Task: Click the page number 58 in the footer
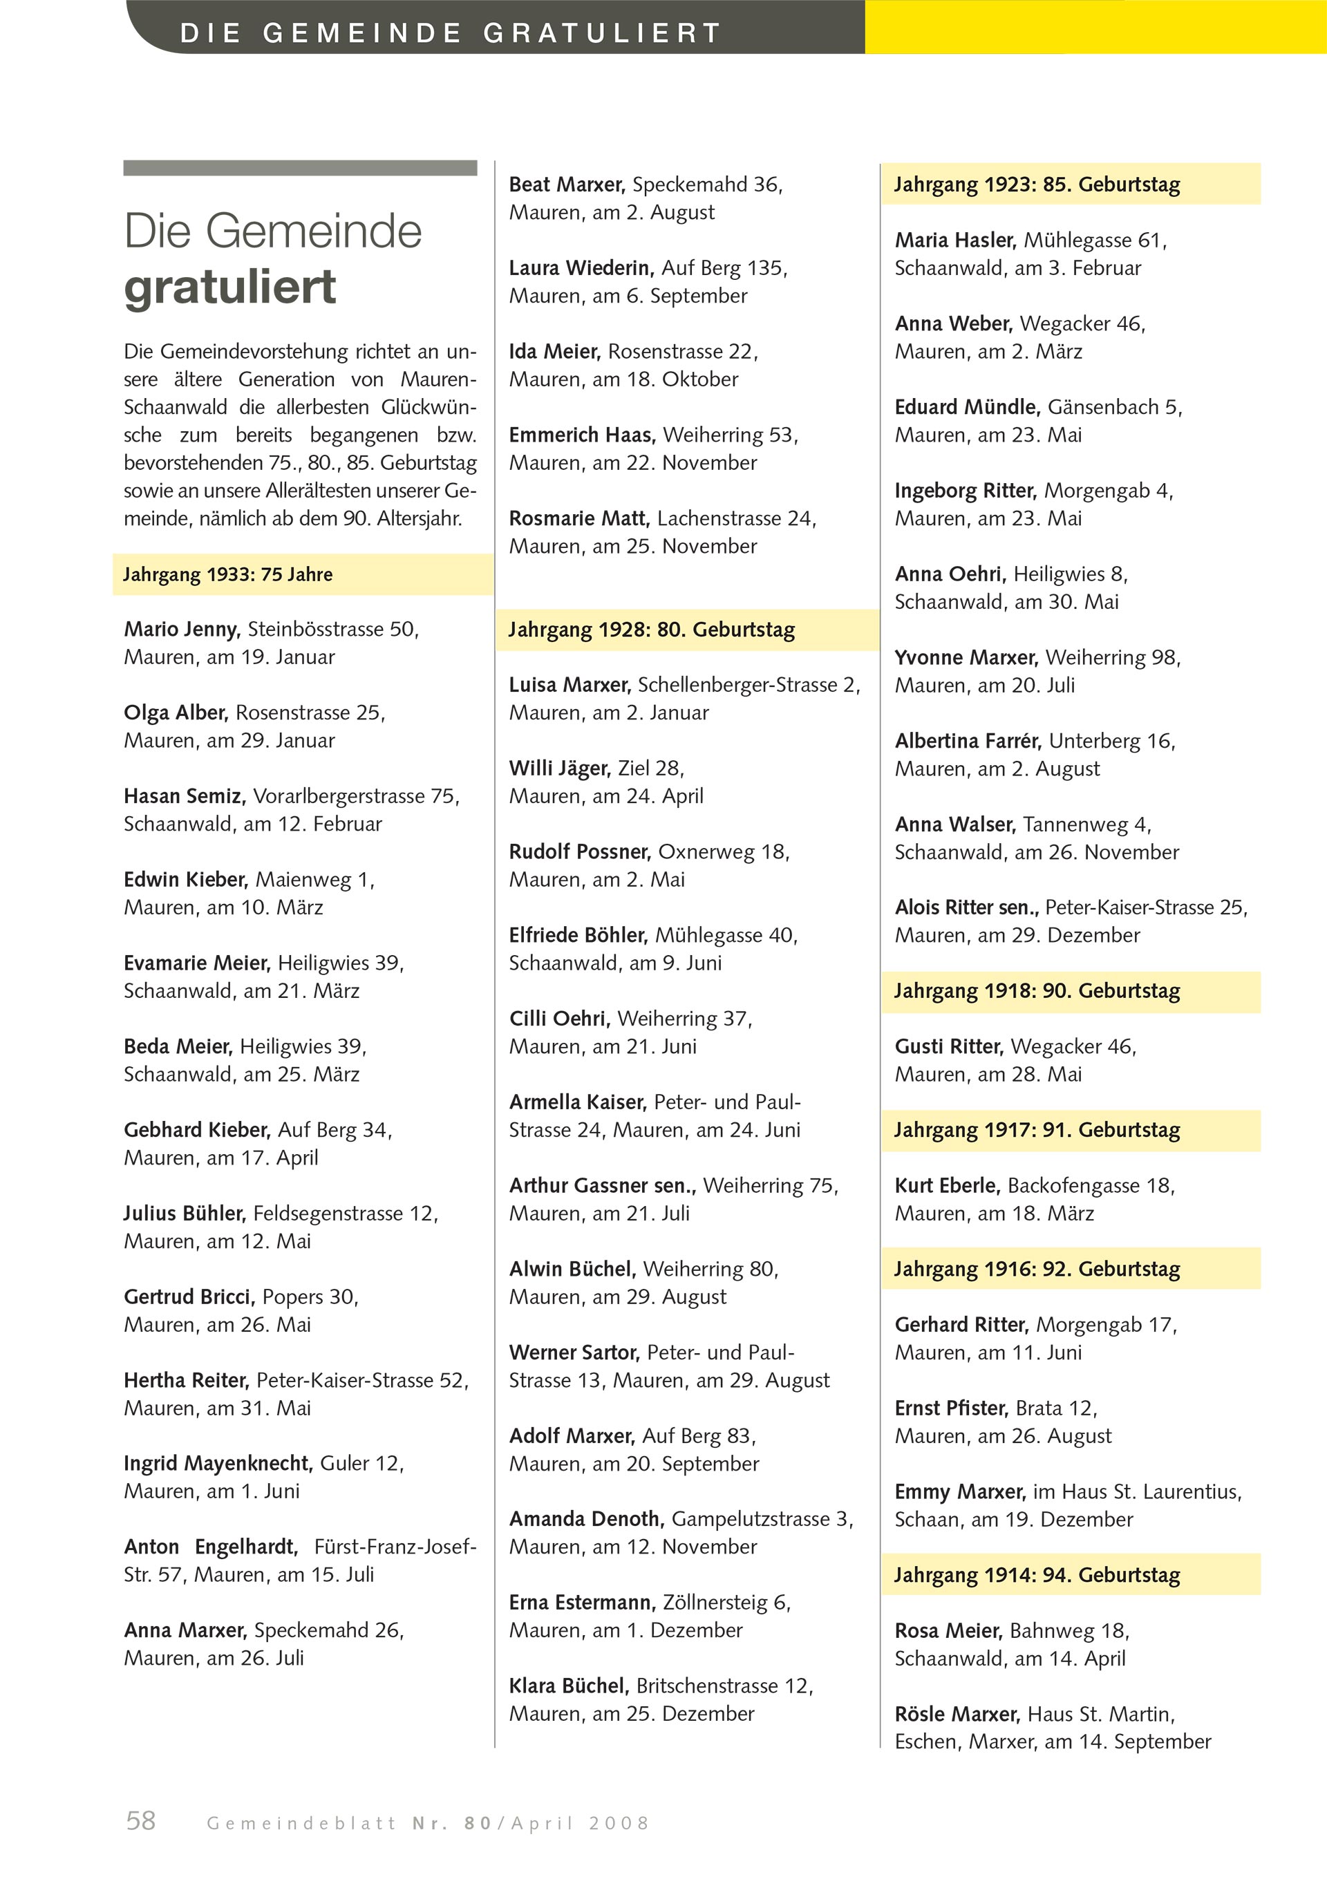(140, 1819)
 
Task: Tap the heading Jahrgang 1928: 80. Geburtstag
(651, 630)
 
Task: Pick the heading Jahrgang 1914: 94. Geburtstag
(1036, 1574)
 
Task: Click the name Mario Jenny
(180, 629)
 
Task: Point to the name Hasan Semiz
(184, 795)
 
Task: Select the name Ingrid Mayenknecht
(218, 1462)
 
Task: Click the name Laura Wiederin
(580, 267)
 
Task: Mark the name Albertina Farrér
(967, 741)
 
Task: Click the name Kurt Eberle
(947, 1185)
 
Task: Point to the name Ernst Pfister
(951, 1408)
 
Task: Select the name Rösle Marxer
(957, 1713)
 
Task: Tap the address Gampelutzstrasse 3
(760, 1518)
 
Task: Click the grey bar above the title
(300, 167)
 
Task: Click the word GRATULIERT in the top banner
(602, 32)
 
